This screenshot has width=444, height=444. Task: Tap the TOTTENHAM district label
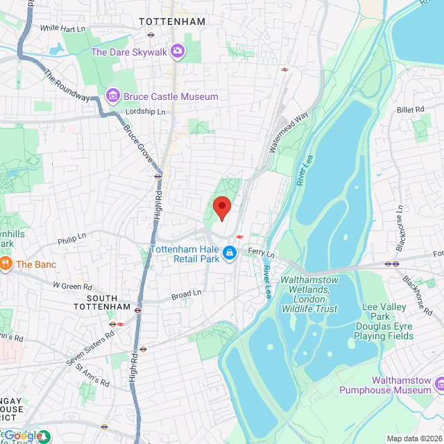[172, 22]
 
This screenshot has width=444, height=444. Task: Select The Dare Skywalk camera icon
[178, 51]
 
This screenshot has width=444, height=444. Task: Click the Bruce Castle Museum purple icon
[111, 95]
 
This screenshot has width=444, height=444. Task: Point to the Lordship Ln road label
[146, 112]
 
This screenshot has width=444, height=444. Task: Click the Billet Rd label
[410, 110]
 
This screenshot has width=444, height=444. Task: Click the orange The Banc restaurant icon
[6, 264]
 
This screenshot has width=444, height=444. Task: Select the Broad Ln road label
[185, 295]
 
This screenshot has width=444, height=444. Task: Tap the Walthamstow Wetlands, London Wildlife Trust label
[309, 294]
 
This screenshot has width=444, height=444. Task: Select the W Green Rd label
[73, 286]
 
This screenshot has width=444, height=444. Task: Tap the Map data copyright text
[414, 438]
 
